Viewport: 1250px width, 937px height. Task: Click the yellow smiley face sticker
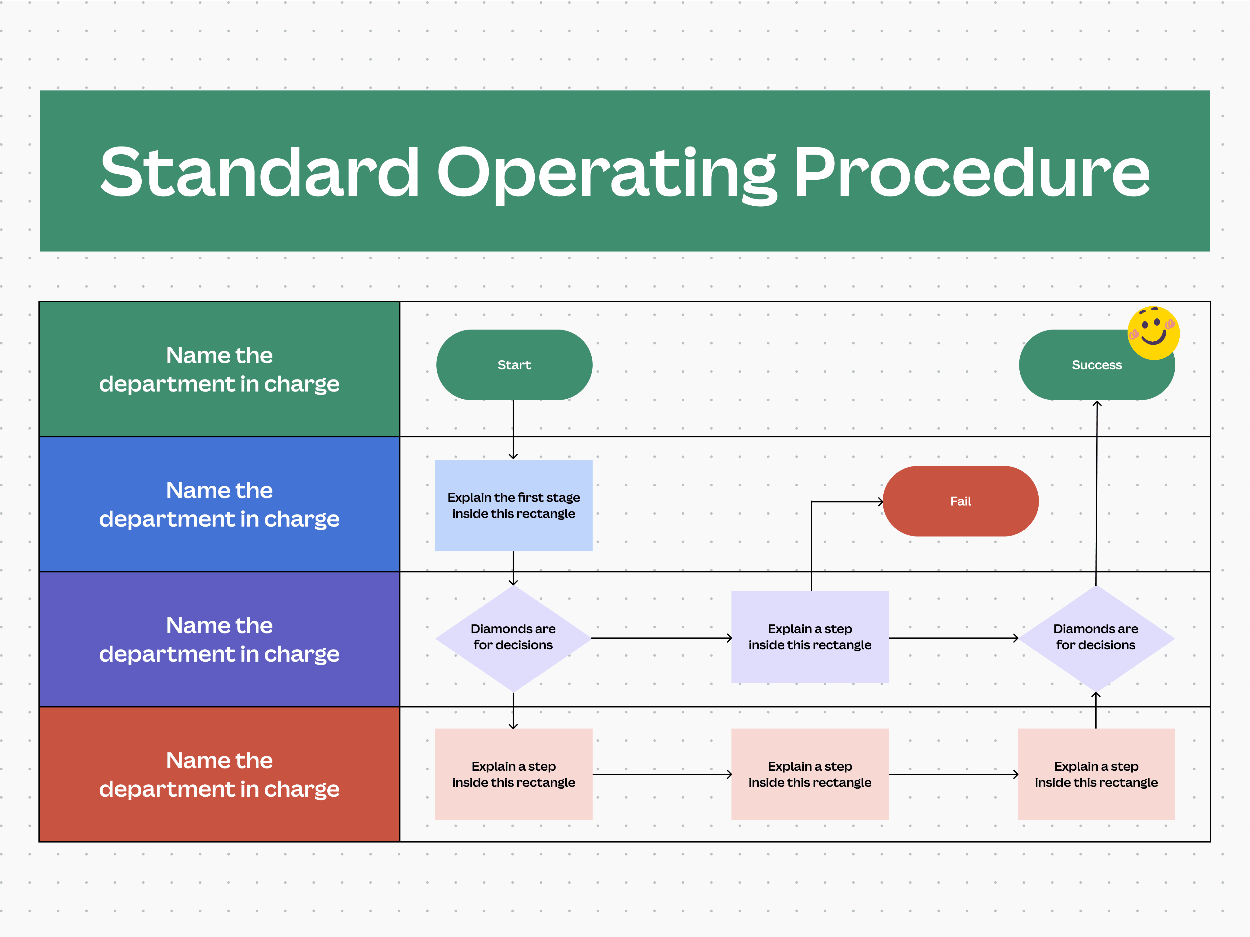point(1153,333)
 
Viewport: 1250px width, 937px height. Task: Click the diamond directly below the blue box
point(513,638)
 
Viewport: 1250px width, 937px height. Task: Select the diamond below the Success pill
point(1096,638)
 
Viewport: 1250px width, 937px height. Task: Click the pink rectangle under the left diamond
point(513,774)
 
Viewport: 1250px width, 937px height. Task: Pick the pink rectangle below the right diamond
point(1096,774)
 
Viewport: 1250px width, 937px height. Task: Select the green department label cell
point(219,369)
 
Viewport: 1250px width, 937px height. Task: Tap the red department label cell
point(219,774)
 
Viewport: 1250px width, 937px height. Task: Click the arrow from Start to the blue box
point(513,429)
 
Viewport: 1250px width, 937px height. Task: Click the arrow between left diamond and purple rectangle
point(661,638)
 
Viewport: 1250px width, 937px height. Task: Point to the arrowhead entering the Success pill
point(1097,404)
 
